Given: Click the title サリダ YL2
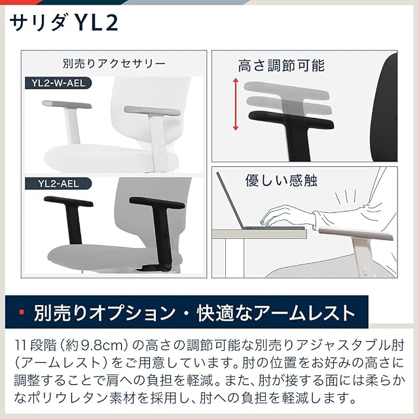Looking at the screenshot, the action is pos(64,23).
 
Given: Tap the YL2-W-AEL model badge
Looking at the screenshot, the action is pos(58,83).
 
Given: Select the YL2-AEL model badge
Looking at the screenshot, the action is pos(58,184).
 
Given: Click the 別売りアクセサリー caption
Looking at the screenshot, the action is pos(114,64).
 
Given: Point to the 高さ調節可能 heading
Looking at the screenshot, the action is pos(282,65).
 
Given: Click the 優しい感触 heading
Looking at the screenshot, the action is pos(282,181).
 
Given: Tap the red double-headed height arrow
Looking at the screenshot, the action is pos(236,104).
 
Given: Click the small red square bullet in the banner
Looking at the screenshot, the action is pos(22,312).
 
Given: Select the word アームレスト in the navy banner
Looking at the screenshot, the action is pos(304,312).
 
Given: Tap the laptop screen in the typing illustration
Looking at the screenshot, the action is pos(230,201).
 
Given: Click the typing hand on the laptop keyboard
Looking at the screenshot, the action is pos(286,216).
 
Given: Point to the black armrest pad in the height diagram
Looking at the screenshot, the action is pos(291,120).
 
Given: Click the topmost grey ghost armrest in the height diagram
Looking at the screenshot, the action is pos(286,91).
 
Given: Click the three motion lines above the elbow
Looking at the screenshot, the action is pos(346,198).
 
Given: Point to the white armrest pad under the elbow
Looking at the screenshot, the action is pos(355,234).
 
